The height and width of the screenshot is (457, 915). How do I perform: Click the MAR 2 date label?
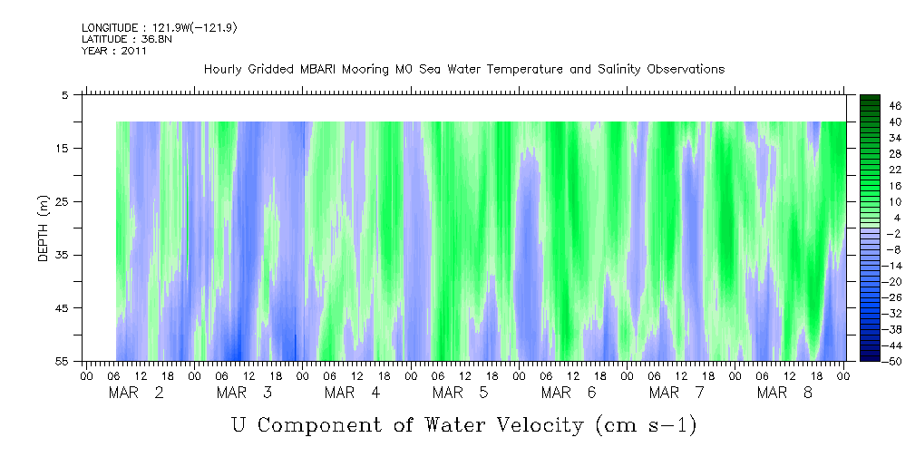click(x=136, y=393)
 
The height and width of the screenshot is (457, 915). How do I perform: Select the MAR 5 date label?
click(x=461, y=393)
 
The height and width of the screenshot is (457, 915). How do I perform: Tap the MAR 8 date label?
click(x=785, y=393)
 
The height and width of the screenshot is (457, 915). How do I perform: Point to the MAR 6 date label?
click(x=569, y=393)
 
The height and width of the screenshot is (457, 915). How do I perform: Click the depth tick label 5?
click(x=65, y=95)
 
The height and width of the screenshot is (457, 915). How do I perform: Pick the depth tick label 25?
click(x=63, y=201)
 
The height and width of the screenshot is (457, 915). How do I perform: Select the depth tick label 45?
click(x=63, y=308)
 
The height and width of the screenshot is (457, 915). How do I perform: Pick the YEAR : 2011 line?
click(x=114, y=51)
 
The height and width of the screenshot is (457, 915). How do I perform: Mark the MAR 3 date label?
click(x=244, y=393)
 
